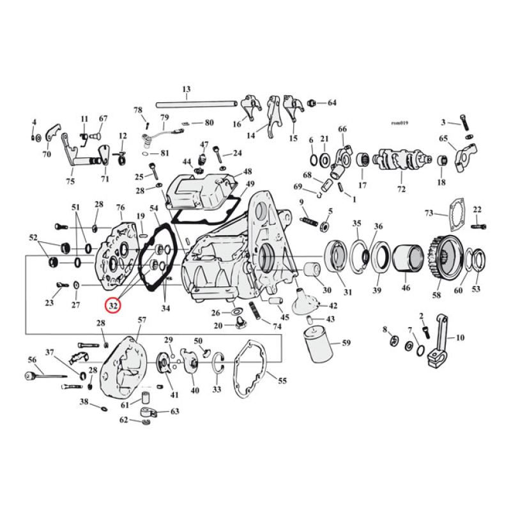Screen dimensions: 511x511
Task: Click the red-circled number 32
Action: [113, 306]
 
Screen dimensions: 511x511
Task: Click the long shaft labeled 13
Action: [198, 102]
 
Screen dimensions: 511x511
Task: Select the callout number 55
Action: [282, 381]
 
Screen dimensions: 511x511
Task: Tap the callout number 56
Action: [31, 360]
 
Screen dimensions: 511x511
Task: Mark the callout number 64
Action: [332, 102]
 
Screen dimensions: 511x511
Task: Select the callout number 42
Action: [333, 306]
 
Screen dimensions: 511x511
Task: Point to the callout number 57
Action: [142, 319]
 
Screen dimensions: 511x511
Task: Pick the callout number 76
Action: [119, 207]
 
